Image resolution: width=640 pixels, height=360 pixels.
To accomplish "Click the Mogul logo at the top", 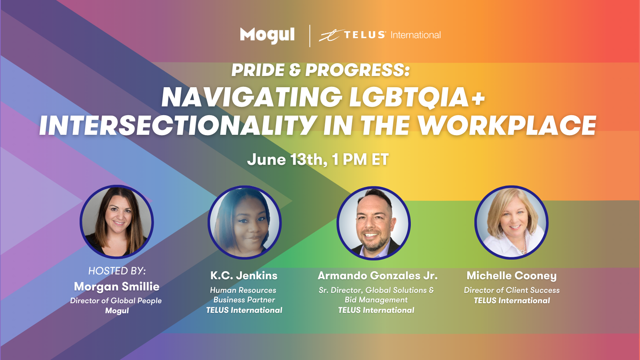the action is pos(267,36).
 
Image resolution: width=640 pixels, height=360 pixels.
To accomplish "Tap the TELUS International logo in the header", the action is pos(380,35).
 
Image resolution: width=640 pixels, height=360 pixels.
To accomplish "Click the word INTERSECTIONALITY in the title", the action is pos(177,125).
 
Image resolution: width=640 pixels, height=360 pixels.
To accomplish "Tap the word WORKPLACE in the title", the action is pos(507,125).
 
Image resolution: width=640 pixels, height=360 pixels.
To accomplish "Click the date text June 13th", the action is pos(287,159).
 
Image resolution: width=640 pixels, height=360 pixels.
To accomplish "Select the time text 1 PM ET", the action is pos(360,159).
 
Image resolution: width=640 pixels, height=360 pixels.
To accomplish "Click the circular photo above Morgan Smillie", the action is pos(116,222).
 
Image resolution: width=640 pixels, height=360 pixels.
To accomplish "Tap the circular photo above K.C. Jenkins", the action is pos(244,222).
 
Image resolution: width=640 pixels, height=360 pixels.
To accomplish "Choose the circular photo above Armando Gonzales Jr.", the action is pos(374,223).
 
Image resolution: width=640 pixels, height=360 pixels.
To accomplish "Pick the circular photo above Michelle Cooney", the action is pos(512,222).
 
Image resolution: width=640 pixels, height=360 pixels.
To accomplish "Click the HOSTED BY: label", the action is pos(117,271).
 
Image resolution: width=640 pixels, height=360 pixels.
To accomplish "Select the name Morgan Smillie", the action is pos(116,286).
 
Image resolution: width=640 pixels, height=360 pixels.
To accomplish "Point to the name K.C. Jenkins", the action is pos(244,276).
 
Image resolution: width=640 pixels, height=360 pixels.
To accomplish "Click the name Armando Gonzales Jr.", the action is pos(378,276).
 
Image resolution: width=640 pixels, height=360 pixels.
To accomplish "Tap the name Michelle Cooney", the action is pos(512,276).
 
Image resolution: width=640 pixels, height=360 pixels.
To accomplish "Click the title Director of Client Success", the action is pos(512,290).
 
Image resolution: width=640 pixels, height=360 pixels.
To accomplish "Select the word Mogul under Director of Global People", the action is pos(117,310).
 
